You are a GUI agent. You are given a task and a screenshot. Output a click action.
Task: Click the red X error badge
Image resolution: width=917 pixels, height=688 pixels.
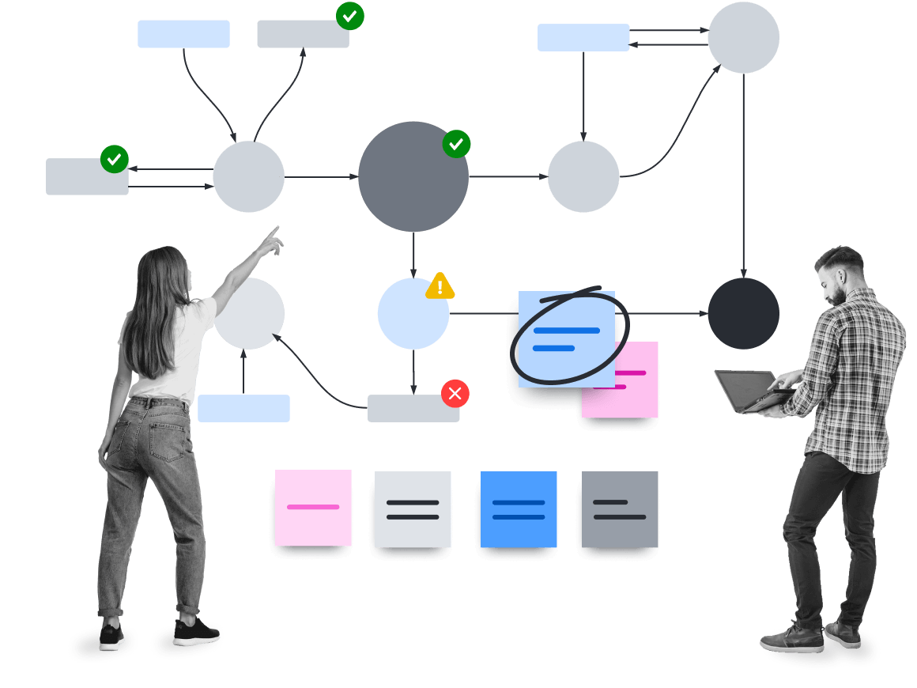click(455, 393)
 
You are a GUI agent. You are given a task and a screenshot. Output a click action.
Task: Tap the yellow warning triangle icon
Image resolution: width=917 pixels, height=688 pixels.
click(440, 286)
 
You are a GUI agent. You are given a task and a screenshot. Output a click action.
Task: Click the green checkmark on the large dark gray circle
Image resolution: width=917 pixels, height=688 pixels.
click(456, 144)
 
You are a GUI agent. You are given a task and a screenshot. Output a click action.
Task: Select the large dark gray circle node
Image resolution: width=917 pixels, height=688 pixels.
click(413, 176)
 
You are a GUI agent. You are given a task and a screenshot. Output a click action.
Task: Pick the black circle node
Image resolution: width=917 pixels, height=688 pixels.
click(743, 313)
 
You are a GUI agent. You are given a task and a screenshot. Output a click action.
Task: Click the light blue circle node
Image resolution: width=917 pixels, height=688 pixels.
click(413, 313)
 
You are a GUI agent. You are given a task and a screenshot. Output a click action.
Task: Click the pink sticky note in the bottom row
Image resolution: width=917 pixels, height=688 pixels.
click(313, 508)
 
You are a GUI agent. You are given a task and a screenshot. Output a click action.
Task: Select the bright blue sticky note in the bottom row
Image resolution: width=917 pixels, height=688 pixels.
click(518, 509)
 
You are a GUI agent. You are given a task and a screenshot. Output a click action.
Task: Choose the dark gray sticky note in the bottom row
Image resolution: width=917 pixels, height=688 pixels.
click(620, 509)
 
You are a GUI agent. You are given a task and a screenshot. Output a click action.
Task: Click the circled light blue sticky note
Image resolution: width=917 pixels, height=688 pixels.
click(566, 338)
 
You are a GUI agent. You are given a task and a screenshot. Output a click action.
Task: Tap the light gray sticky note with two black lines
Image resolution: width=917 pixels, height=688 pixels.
click(413, 509)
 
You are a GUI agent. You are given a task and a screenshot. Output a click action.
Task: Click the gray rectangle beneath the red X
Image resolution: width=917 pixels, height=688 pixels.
click(413, 409)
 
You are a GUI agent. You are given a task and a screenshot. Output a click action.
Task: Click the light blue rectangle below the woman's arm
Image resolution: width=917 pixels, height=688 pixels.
click(243, 408)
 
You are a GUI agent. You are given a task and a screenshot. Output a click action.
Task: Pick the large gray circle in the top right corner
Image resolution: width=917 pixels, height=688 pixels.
click(743, 38)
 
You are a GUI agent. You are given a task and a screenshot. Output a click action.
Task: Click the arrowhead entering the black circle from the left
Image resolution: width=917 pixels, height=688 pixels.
click(703, 313)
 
